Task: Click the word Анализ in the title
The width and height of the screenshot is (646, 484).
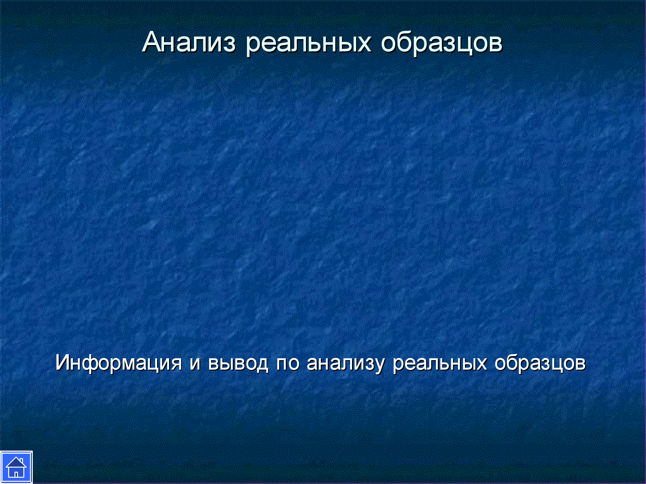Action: point(189,42)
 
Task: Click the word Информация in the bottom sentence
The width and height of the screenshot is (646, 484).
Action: point(119,363)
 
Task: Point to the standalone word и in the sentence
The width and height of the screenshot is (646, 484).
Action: point(195,363)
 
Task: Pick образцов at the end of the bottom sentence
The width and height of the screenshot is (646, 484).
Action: point(540,364)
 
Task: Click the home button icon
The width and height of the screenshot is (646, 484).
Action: point(16,467)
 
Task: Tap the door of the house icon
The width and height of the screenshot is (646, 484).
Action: point(16,474)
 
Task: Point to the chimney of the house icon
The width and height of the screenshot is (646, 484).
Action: point(21,461)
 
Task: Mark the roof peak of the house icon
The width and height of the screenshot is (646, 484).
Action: point(16,458)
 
